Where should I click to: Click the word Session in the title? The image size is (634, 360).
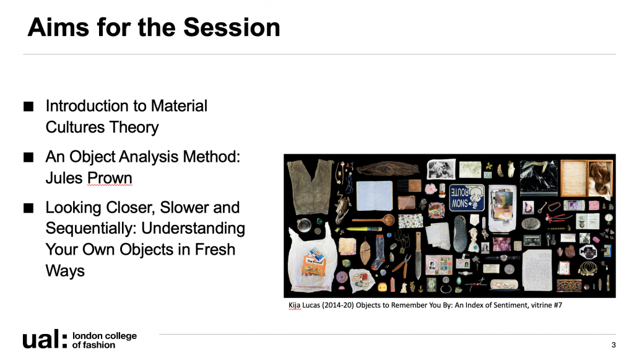click(232, 27)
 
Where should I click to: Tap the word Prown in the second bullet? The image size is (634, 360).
click(110, 178)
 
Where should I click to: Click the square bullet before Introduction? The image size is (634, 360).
click(28, 107)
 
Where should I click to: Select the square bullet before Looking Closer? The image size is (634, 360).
click(28, 208)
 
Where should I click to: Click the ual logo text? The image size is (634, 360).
click(45, 339)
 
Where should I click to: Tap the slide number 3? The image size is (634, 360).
click(614, 345)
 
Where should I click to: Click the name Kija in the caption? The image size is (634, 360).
click(294, 305)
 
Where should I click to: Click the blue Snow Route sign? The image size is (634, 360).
click(467, 198)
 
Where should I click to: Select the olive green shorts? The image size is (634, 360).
click(310, 186)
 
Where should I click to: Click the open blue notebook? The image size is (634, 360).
click(375, 195)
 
